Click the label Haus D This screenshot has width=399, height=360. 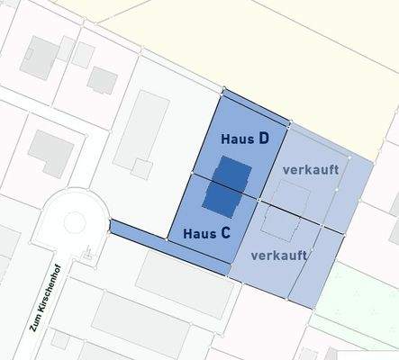(245, 139)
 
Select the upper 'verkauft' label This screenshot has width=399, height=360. (312, 168)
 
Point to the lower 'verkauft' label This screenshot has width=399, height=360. (279, 255)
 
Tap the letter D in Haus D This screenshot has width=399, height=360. (263, 139)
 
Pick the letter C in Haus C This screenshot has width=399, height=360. (225, 233)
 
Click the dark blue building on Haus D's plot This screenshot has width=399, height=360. (232, 173)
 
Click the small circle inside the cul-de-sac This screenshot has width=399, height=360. (75, 221)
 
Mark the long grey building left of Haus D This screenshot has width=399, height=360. (141, 125)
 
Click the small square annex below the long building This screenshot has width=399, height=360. (141, 168)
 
